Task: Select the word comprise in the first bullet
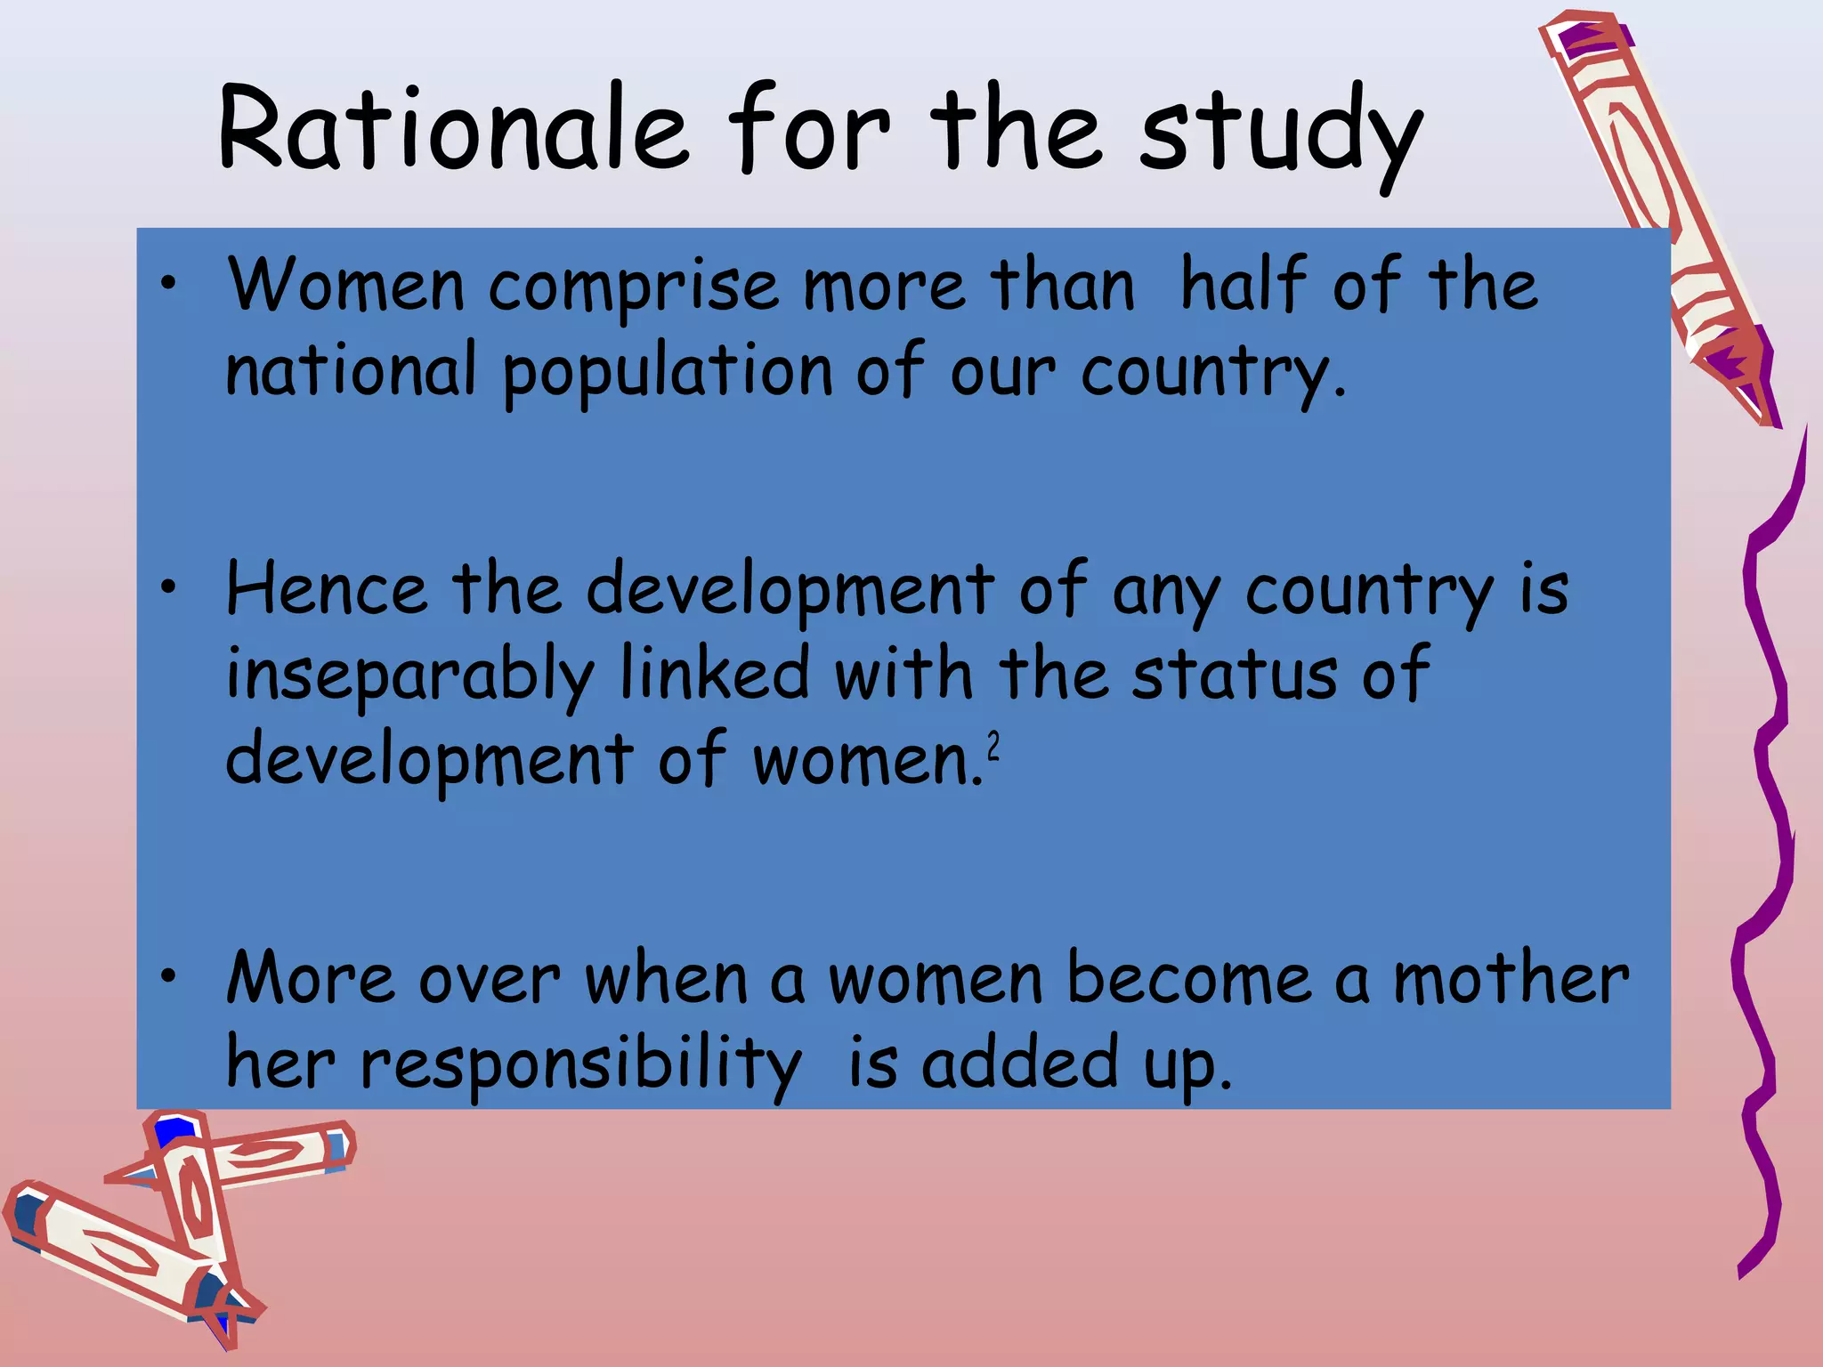coord(633,287)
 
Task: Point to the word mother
coord(1511,978)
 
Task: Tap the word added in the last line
coord(1019,1063)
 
